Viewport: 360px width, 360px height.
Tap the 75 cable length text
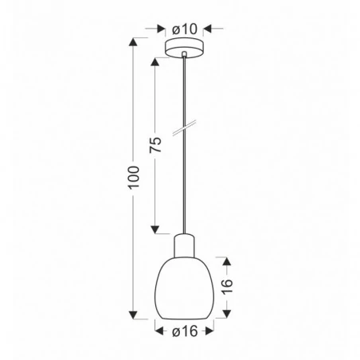click(x=156, y=144)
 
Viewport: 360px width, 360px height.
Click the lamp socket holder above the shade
click(x=184, y=242)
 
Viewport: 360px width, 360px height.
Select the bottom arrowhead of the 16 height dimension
click(x=227, y=311)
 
